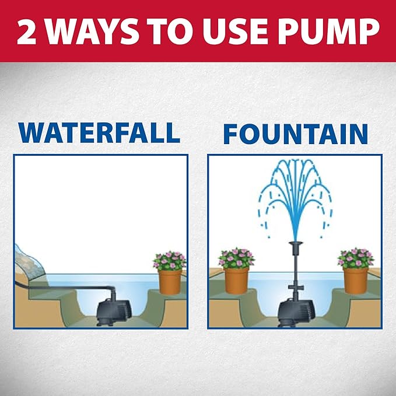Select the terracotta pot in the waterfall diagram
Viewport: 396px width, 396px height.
tap(170, 282)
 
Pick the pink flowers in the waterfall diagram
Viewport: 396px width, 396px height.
tap(169, 261)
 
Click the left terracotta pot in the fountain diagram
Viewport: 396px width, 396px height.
tap(236, 280)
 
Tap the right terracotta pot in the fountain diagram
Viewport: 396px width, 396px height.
tap(355, 280)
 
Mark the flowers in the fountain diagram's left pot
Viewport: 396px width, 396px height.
tap(236, 258)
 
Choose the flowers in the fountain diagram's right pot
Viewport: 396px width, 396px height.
tap(355, 258)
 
